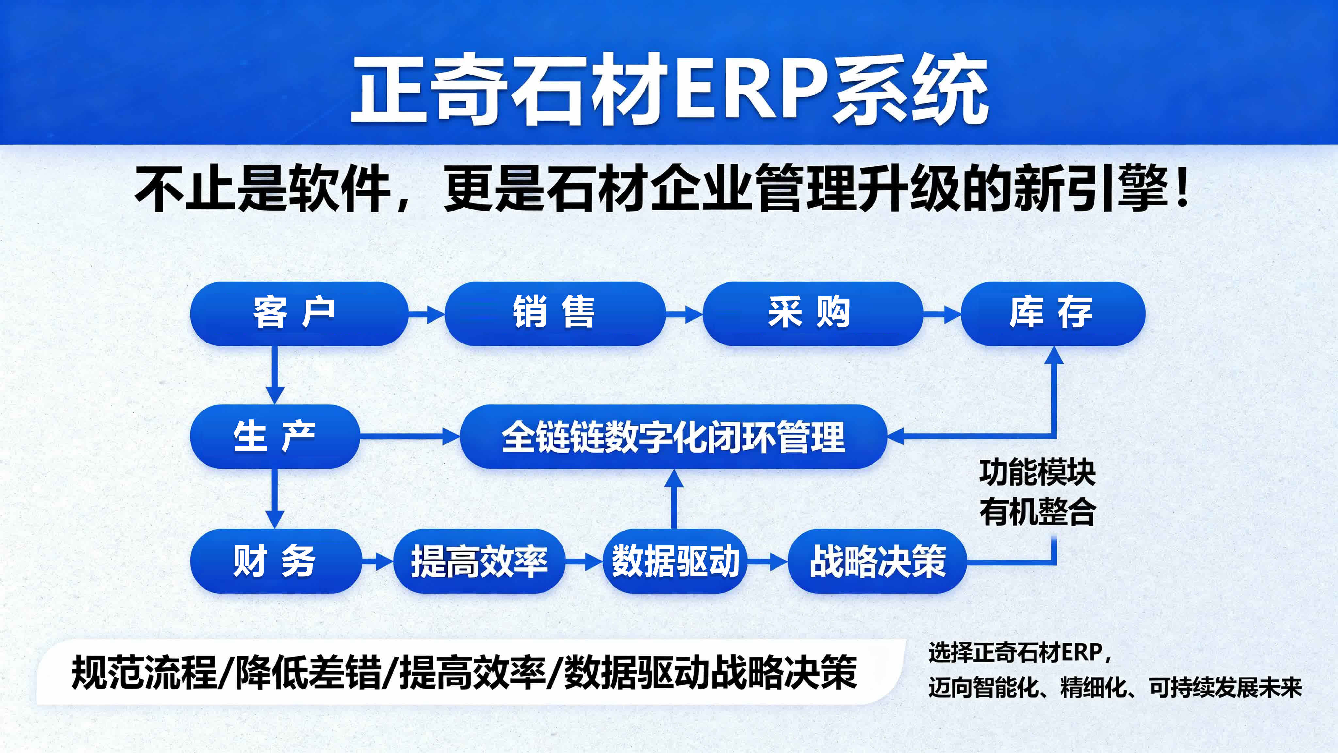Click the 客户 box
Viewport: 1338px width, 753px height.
(x=299, y=314)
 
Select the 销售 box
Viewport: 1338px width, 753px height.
(x=554, y=314)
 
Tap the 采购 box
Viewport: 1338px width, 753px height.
(x=812, y=314)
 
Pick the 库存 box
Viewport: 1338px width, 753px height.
(x=1052, y=314)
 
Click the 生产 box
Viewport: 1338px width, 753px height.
(x=275, y=437)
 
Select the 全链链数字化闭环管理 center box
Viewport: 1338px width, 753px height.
(x=673, y=437)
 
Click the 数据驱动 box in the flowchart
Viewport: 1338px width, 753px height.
(x=675, y=561)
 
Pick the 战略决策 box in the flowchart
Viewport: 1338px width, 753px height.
(x=877, y=561)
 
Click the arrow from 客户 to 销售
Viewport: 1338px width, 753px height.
(x=426, y=314)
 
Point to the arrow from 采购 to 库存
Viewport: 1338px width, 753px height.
(x=942, y=314)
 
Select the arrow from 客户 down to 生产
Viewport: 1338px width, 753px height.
(x=274, y=375)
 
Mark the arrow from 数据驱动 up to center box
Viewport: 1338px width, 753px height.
(x=674, y=499)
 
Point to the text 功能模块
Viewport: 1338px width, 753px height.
(x=1037, y=473)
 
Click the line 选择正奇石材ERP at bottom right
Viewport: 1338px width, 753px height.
(x=1018, y=653)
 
